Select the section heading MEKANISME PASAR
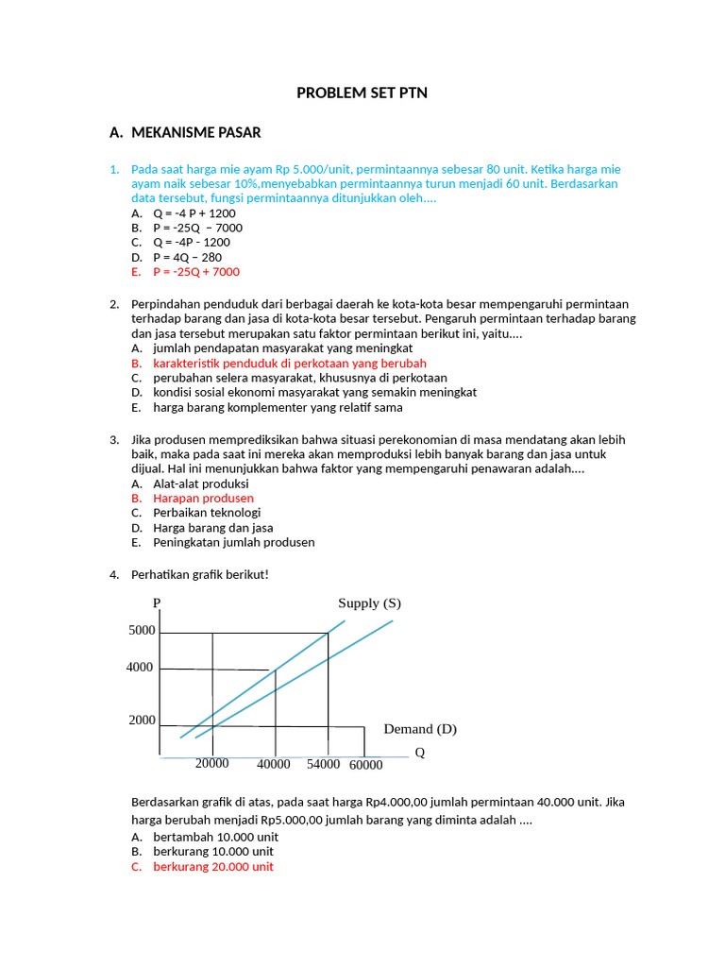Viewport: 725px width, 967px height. point(195,132)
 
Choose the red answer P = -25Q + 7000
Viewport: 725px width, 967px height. point(196,272)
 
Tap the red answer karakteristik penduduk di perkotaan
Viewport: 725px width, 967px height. point(289,363)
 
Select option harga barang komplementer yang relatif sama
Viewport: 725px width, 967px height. point(278,407)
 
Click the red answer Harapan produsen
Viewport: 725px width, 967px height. point(203,498)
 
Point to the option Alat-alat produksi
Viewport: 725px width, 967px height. point(201,483)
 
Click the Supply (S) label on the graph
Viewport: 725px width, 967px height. point(369,603)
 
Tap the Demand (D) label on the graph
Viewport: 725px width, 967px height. point(420,729)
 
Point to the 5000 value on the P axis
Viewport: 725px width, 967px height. point(142,631)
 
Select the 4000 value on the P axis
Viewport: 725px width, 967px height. point(139,668)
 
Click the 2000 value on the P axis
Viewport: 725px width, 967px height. point(142,721)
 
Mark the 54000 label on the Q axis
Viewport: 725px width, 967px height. point(324,764)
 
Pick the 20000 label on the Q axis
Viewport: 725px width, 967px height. point(212,763)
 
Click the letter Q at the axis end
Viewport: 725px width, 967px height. point(420,753)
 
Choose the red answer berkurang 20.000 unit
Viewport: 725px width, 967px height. point(213,866)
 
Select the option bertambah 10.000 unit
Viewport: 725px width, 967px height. point(215,837)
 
